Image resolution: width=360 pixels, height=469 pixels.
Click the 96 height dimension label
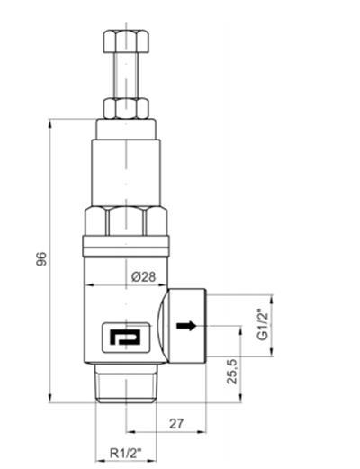tap(40, 259)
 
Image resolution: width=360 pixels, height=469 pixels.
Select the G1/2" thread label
tap(263, 323)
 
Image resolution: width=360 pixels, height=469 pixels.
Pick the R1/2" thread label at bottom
tap(126, 454)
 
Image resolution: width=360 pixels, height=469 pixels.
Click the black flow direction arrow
tap(186, 325)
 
